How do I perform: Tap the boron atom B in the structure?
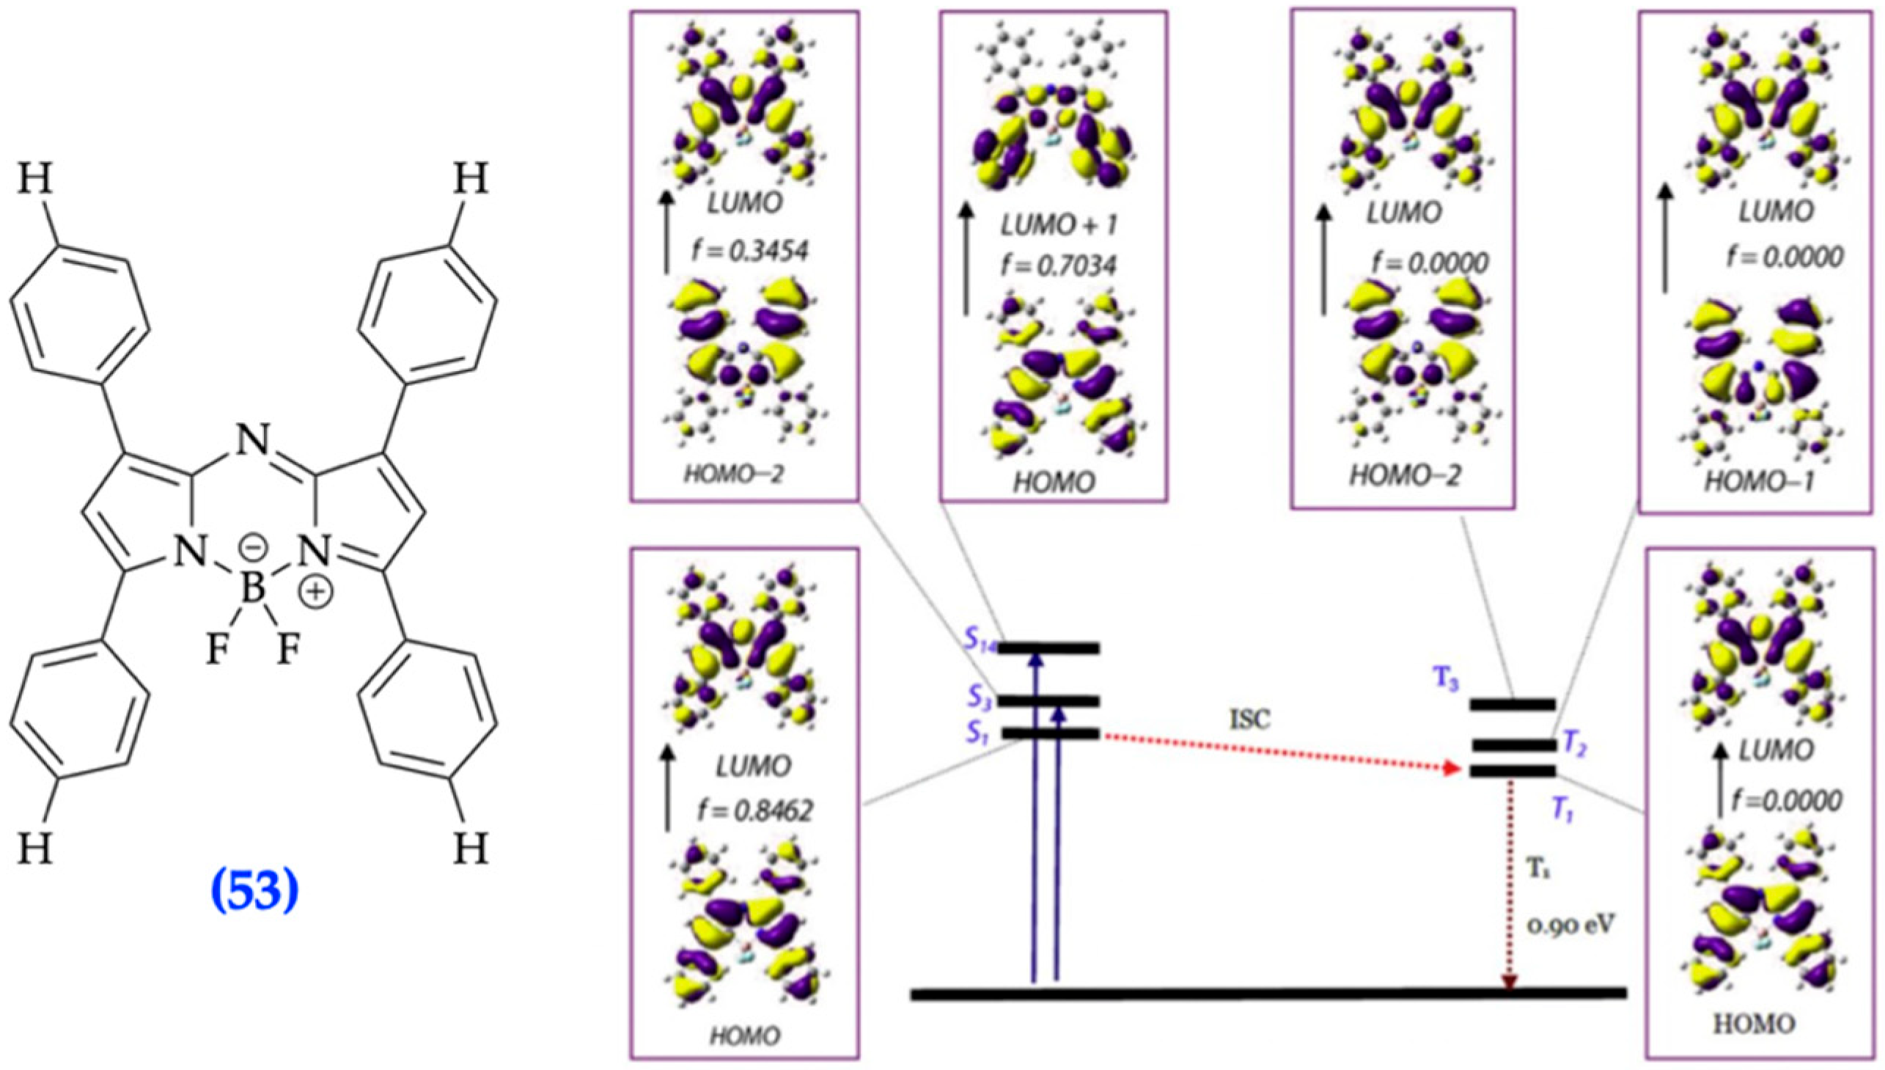pyautogui.click(x=254, y=588)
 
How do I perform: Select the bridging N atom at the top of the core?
pyautogui.click(x=254, y=441)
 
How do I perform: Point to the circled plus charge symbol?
pyautogui.click(x=316, y=593)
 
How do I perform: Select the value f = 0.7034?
pyautogui.click(x=1058, y=265)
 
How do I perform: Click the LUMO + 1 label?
pyautogui.click(x=1059, y=226)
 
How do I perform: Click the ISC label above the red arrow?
pyautogui.click(x=1249, y=720)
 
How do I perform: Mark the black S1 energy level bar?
pyautogui.click(x=1051, y=733)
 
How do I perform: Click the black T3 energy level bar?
pyautogui.click(x=1513, y=705)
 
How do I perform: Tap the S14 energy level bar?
pyautogui.click(x=1051, y=648)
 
